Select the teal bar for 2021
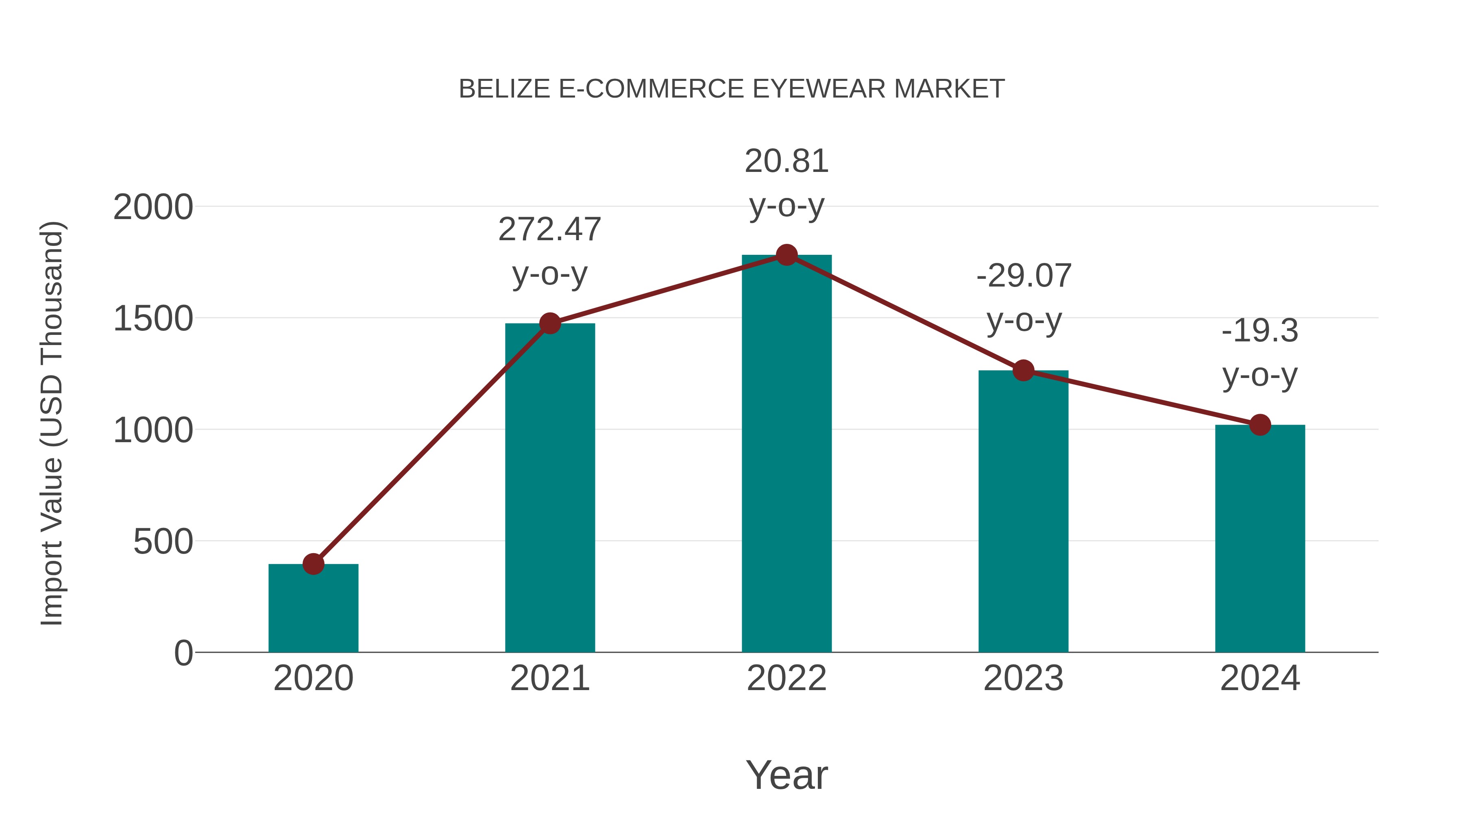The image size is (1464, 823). [549, 489]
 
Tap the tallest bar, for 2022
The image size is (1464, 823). [786, 454]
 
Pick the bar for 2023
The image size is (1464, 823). [1023, 511]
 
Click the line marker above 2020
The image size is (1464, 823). [313, 564]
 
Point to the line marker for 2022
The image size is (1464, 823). [786, 255]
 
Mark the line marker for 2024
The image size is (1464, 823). [1260, 424]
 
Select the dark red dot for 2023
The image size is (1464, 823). [1023, 370]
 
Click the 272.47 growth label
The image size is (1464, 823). [549, 230]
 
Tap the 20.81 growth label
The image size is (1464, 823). [786, 161]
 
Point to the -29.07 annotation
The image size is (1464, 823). [1024, 276]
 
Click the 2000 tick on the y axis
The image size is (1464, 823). [153, 207]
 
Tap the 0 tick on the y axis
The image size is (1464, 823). [183, 653]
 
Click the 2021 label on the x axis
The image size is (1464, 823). [549, 678]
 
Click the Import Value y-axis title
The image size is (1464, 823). [52, 423]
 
